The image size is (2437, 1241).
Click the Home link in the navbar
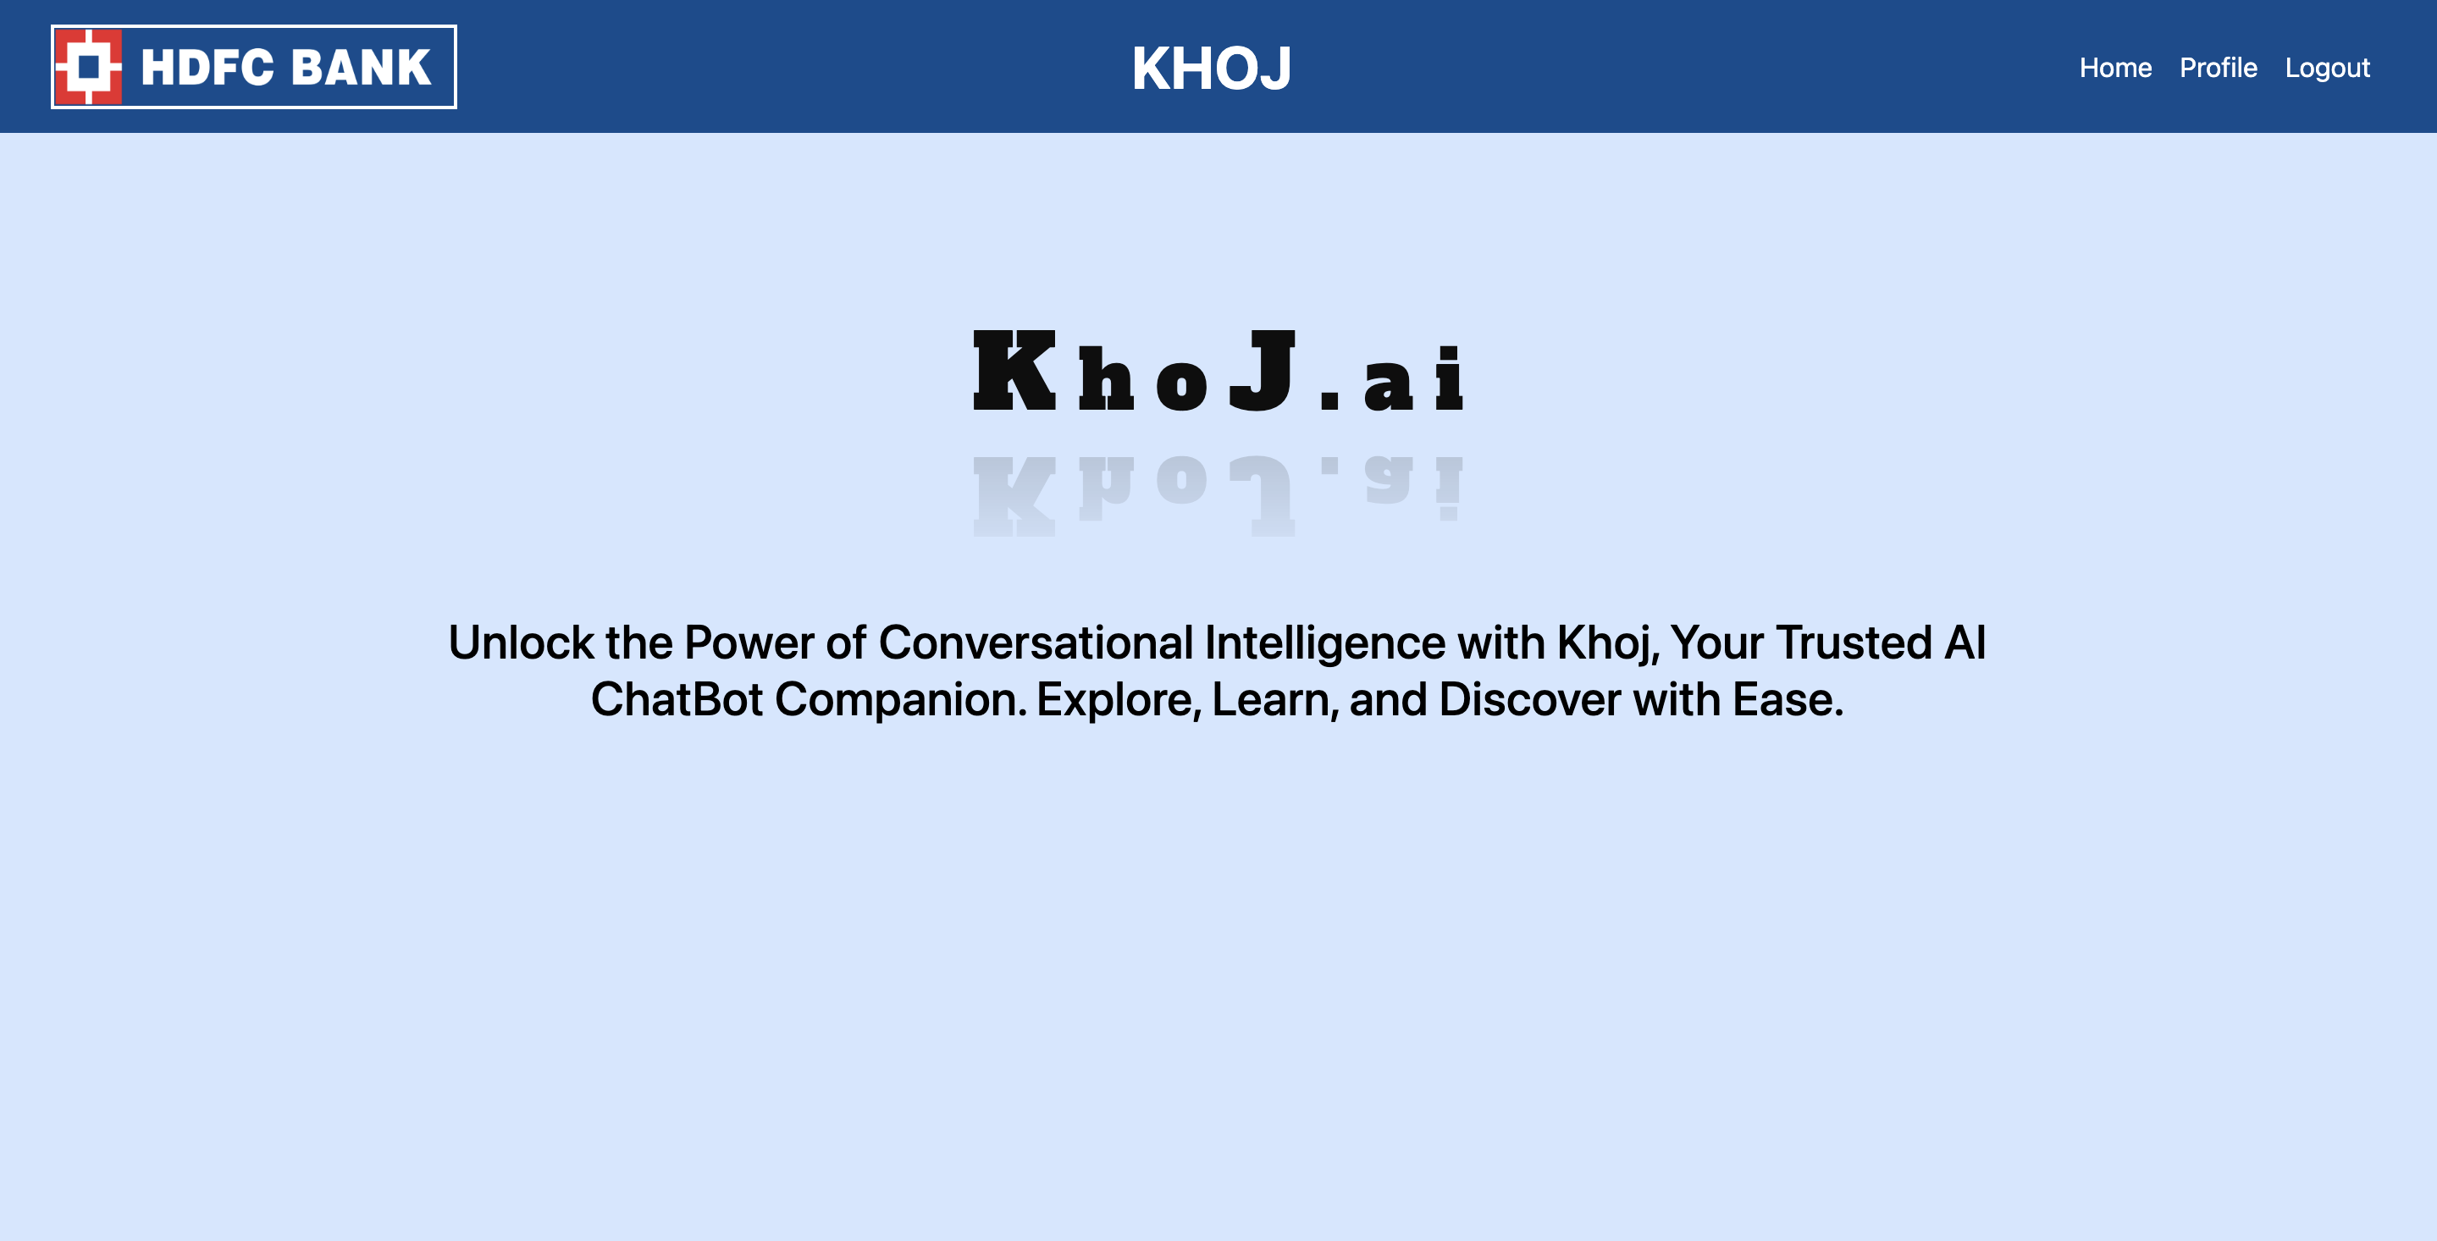click(x=2114, y=68)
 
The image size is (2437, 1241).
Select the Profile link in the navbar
click(x=2218, y=68)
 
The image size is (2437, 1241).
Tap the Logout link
click(x=2326, y=68)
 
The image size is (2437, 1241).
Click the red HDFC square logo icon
click(x=89, y=67)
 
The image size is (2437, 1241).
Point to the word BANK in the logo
click(x=361, y=68)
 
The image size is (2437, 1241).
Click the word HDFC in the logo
click(x=207, y=68)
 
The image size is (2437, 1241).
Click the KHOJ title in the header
click(x=1211, y=68)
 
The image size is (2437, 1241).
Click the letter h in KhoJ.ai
click(x=1106, y=379)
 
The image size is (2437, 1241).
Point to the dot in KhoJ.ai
click(x=1330, y=400)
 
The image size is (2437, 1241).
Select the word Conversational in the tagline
click(x=1035, y=643)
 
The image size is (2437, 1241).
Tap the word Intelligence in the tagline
click(x=1324, y=643)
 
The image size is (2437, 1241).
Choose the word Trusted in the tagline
click(x=1854, y=643)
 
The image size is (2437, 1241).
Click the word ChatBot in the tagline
click(x=677, y=700)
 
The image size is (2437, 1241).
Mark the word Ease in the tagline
click(x=1787, y=700)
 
